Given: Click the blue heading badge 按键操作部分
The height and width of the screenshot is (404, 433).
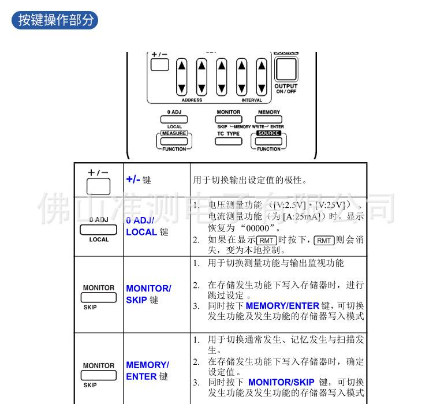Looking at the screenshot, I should (x=55, y=20).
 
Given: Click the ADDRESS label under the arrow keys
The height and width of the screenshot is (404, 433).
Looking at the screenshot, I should (x=192, y=100).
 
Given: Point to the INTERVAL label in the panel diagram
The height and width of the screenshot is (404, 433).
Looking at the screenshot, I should (x=251, y=100).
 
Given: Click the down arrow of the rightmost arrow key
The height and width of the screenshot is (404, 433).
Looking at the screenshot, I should (x=262, y=88).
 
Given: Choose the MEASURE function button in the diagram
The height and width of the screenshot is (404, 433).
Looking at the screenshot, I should (x=174, y=140).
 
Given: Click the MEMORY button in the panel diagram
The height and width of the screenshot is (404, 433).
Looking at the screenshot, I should (x=268, y=119).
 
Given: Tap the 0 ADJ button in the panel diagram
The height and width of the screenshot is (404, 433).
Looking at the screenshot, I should (x=174, y=119).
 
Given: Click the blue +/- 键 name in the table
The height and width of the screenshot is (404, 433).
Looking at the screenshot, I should (x=139, y=179).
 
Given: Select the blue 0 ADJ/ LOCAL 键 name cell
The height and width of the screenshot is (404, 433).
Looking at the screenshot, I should (x=147, y=226).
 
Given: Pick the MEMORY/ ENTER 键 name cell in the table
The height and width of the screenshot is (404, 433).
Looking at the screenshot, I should (x=148, y=371).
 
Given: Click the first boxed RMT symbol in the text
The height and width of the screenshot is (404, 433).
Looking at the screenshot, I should (x=266, y=241).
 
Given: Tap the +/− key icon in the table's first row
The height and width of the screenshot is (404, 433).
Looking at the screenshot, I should (x=98, y=186).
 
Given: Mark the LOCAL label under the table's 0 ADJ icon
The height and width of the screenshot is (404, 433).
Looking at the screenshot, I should (x=99, y=240).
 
